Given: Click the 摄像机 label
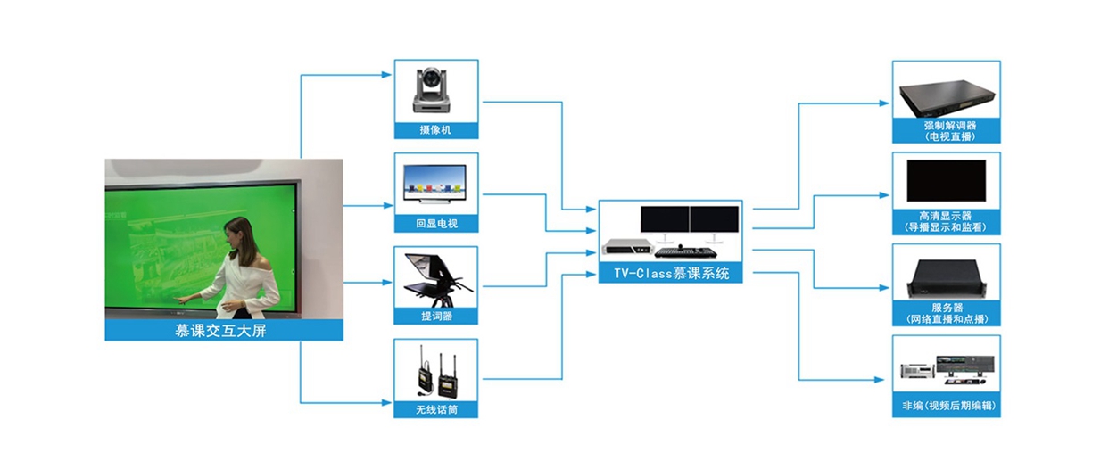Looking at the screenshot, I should [436, 130].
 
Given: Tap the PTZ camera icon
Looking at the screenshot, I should [436, 90].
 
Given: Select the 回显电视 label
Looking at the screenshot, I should [436, 224].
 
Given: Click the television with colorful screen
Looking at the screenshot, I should [436, 182].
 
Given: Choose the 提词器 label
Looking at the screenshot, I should [436, 317].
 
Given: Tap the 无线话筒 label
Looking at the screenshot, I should [436, 410].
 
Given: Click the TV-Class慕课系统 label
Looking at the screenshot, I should [670, 274].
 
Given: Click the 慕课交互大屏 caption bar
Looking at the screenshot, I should [224, 331].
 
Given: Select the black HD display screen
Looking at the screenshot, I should [946, 181].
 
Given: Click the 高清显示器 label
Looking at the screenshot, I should [946, 222].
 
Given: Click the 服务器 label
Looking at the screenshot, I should [946, 313].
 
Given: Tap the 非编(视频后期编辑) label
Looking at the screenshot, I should [946, 407].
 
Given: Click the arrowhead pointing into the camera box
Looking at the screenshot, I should [389, 74].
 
